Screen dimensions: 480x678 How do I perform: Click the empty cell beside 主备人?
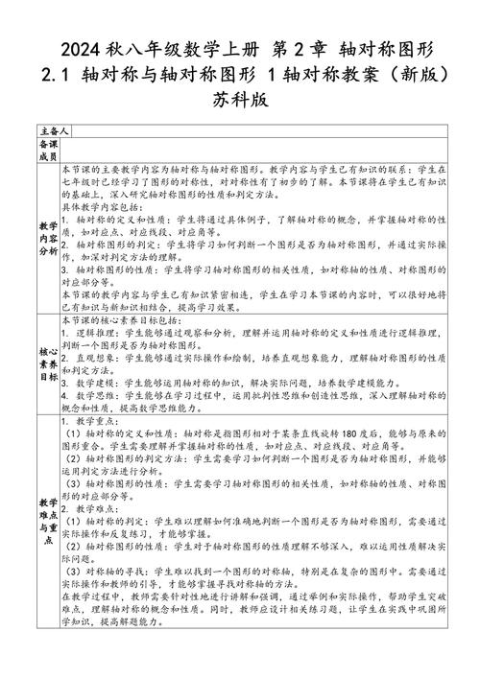click(x=259, y=129)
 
